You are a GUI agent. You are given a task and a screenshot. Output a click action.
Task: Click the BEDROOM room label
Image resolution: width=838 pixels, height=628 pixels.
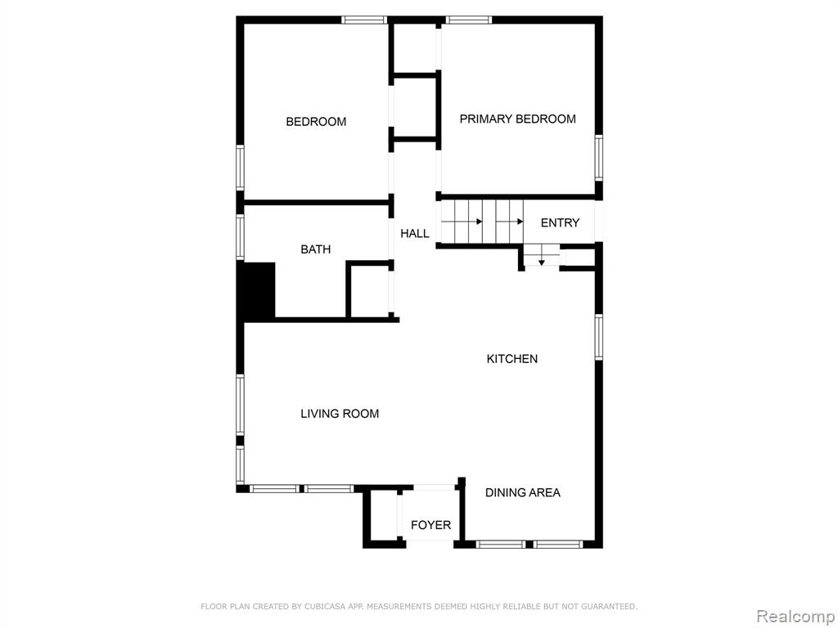[x=316, y=122]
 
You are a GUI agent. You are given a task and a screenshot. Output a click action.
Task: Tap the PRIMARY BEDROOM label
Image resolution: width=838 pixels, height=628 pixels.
[x=517, y=119]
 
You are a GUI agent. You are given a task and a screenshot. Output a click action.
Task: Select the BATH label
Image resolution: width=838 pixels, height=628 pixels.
[x=315, y=249]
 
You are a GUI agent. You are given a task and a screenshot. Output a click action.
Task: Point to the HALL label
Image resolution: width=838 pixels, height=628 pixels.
[x=415, y=233]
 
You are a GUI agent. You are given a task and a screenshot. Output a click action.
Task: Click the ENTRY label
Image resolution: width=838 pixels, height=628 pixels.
[x=560, y=222]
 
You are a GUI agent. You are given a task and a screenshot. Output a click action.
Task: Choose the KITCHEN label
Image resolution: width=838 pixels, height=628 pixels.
[x=512, y=359]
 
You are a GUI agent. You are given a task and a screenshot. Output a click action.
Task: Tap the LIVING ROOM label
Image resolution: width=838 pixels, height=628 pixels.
[x=340, y=413]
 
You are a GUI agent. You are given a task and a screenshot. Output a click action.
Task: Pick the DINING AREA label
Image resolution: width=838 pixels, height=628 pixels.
[x=523, y=493]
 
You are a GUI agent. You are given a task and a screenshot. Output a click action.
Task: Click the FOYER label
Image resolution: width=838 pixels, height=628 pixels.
[x=430, y=525]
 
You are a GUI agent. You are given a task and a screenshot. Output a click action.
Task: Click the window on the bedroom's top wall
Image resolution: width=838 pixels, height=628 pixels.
[x=364, y=20]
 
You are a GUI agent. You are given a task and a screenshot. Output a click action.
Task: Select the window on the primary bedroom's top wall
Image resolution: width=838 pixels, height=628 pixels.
[x=469, y=20]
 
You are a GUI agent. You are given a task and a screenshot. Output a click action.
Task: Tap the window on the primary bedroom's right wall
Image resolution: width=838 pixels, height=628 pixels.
[x=599, y=158]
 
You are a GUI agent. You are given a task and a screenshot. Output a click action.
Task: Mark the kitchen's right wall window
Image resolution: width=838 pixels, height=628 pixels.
[x=599, y=337]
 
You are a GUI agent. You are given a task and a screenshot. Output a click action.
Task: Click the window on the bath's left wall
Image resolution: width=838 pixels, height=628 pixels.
[x=241, y=238]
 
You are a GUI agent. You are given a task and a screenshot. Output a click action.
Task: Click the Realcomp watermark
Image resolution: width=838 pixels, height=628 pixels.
[x=795, y=617]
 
